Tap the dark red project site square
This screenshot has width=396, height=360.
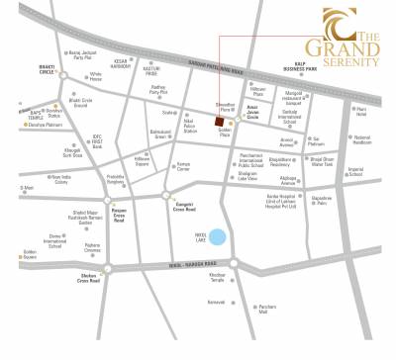219,122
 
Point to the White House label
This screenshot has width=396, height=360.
96,76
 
